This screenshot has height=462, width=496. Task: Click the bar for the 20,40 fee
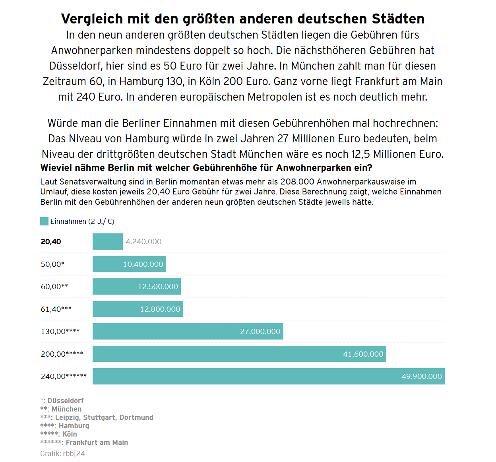coord(107,241)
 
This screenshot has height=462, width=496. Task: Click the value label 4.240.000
coord(143,241)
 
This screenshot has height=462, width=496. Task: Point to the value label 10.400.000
coord(143,264)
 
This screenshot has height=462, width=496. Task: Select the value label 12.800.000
coord(160,309)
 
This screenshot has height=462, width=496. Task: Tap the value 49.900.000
coord(422,376)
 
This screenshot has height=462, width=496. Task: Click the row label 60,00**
coord(54,286)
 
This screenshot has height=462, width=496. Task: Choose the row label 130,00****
coord(60,331)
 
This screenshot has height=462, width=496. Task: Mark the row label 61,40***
coord(56,309)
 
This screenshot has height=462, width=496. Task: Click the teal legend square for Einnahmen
coord(44,221)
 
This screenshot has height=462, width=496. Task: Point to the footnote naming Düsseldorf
coord(62,400)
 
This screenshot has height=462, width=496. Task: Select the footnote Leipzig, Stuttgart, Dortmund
coord(97,417)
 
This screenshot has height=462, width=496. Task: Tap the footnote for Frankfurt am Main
coord(84,442)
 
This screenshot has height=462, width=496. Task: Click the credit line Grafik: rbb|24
coord(62,453)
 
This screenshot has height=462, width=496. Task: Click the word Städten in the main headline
coord(398,19)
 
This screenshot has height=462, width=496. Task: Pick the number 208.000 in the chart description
coord(297,182)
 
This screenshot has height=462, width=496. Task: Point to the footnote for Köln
coord(59,434)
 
